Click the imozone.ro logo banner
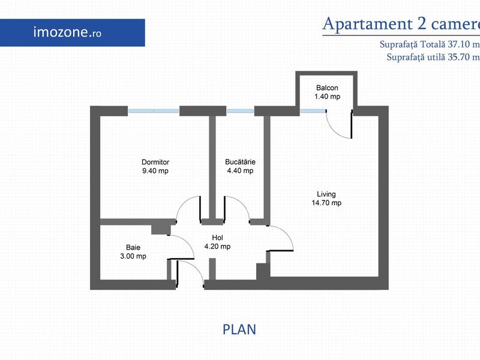(72, 33)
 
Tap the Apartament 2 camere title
(401, 23)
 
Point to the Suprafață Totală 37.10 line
(430, 44)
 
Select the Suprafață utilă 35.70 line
(433, 57)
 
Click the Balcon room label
(327, 88)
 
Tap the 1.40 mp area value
(327, 97)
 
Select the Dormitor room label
(155, 162)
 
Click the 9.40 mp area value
(155, 171)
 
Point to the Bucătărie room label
(240, 161)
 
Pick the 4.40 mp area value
(240, 170)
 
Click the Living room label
(326, 194)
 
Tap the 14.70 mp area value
(326, 203)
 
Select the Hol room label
(217, 238)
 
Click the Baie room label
(133, 247)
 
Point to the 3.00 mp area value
(133, 256)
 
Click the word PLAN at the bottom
(239, 329)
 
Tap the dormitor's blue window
(154, 111)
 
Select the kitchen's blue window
(241, 111)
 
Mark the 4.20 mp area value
(217, 247)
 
